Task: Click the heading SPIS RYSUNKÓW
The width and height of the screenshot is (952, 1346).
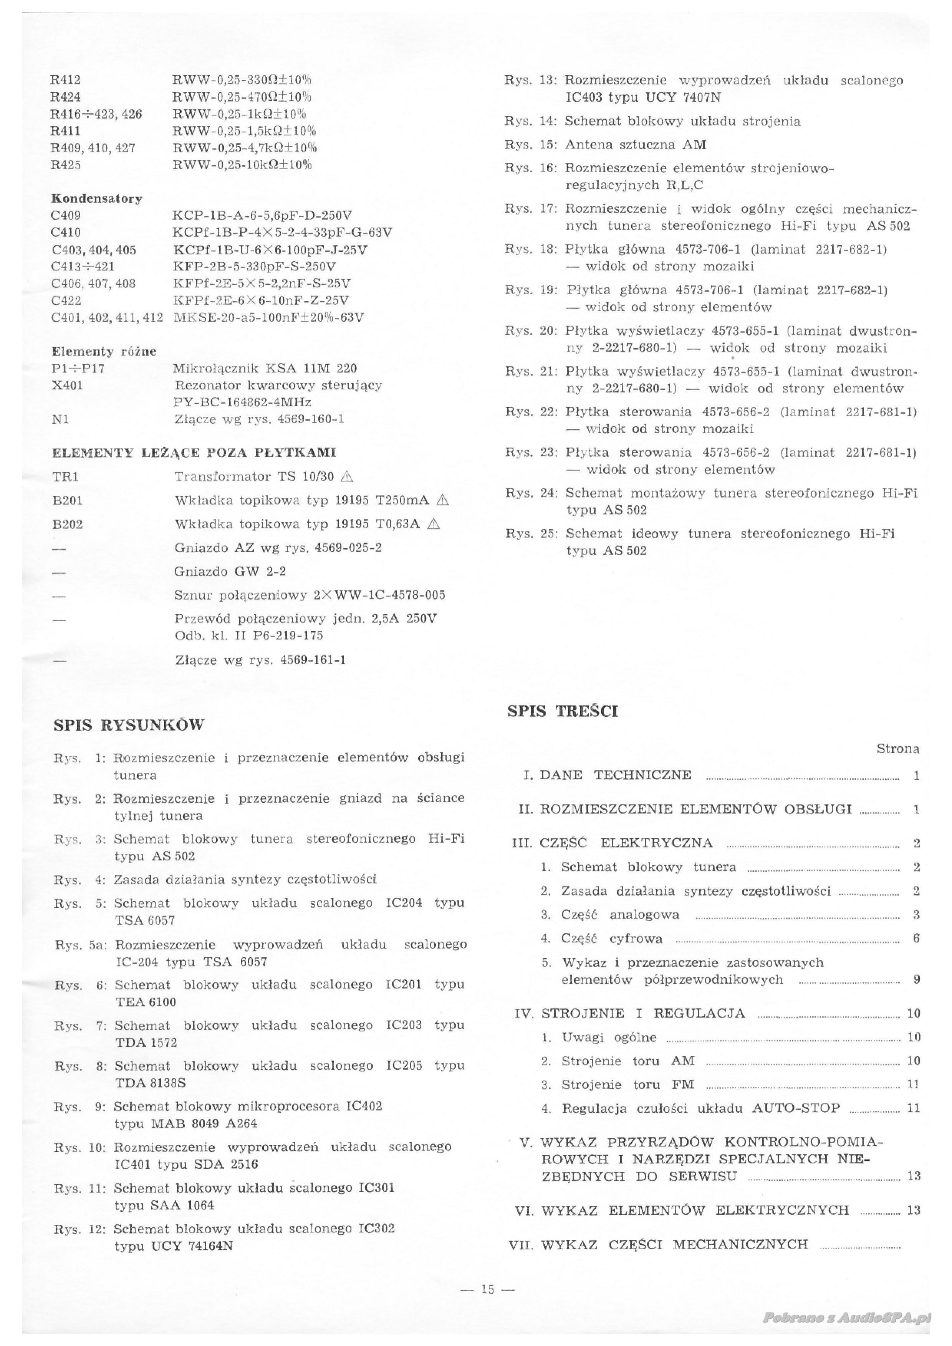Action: pos(129,725)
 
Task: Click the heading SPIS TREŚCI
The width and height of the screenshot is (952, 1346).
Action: pos(563,711)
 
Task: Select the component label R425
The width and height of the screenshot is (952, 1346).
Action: pos(66,165)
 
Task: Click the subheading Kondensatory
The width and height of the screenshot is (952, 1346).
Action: pos(97,199)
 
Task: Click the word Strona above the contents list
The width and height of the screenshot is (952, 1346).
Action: pos(897,749)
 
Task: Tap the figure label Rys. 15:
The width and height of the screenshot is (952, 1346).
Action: pos(530,145)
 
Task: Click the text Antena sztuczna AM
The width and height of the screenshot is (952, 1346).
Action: pos(635,145)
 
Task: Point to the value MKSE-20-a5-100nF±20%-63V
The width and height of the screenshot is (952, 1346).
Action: pos(269,318)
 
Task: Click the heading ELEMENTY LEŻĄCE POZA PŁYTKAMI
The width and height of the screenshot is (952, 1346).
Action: pos(194,453)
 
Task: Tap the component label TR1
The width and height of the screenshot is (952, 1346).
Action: pos(66,477)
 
